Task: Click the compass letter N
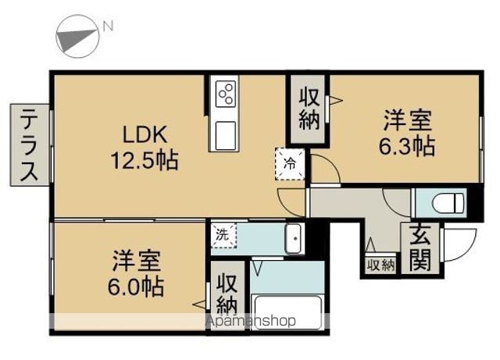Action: click(108, 26)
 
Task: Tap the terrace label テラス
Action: click(29, 144)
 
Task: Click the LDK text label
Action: click(145, 134)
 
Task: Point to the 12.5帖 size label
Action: click(144, 160)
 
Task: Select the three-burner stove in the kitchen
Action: click(226, 94)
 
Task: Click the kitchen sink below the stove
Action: click(226, 136)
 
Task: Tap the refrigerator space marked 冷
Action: click(290, 164)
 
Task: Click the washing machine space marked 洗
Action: click(223, 235)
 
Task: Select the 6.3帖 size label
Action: click(406, 146)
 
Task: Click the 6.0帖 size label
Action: click(135, 287)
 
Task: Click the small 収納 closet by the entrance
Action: click(380, 265)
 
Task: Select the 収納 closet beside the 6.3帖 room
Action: click(309, 109)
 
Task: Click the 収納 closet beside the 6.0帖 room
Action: click(227, 295)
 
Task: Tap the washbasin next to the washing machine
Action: click(293, 238)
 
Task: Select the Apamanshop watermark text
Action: click(251, 320)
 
